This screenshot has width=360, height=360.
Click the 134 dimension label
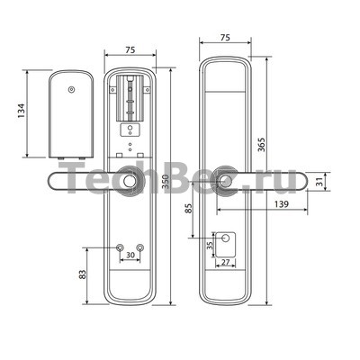click(22, 111)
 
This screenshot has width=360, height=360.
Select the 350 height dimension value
click(166, 182)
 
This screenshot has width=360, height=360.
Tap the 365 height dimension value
click(262, 145)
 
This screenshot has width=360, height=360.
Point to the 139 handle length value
click(281, 204)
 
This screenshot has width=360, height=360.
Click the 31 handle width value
click(320, 182)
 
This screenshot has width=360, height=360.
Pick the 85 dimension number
click(188, 208)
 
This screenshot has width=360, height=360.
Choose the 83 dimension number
click(82, 274)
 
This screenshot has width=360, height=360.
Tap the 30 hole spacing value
click(130, 255)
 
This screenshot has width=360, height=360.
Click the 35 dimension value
click(211, 246)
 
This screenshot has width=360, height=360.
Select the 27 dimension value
click(225, 262)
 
